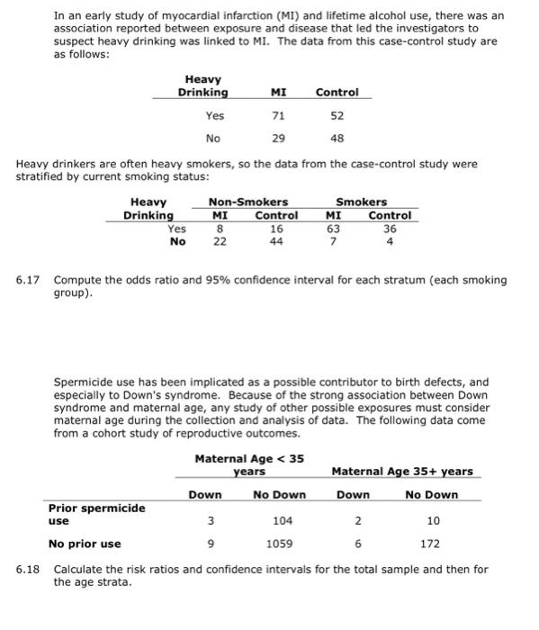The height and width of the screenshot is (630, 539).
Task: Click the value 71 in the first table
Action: pos(278,116)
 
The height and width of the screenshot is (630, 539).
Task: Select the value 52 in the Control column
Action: pos(337,116)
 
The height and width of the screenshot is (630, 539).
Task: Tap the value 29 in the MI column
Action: pos(278,139)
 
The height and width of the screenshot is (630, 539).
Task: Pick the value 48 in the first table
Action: pos(337,139)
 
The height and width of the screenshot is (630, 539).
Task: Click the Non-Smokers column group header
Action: pos(248,202)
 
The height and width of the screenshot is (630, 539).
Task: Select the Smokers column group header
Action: pos(361,202)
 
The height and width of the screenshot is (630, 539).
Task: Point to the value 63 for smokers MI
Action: pos(333,229)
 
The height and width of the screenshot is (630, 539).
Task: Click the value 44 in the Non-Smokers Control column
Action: pos(275,241)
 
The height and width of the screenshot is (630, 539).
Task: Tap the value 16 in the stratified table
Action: pos(275,229)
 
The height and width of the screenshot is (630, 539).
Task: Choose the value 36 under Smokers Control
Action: pos(390,229)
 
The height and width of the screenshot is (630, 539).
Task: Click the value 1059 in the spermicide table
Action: pos(278,544)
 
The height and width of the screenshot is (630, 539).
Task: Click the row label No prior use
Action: pos(84,544)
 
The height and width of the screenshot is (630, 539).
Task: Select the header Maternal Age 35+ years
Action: pos(401,472)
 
